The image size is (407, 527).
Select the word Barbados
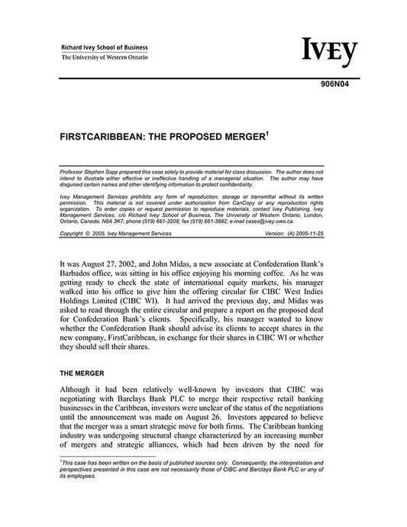(x=78, y=273)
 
